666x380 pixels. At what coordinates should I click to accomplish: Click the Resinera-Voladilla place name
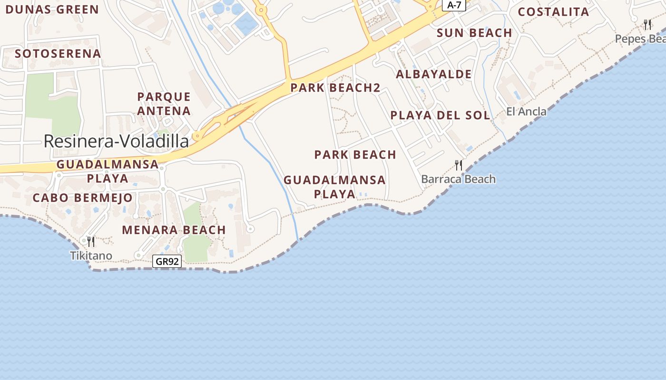(x=116, y=141)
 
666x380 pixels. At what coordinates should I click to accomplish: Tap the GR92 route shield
(x=167, y=261)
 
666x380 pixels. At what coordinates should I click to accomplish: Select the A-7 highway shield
(x=454, y=5)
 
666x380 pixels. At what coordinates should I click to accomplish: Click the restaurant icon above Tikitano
(x=91, y=242)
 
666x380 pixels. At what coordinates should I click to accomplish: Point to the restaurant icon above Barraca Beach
(x=459, y=165)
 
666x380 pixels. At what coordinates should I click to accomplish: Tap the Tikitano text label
(x=91, y=256)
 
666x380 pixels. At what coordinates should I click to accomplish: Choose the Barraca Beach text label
(x=459, y=179)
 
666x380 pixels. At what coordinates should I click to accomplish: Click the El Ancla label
(x=526, y=112)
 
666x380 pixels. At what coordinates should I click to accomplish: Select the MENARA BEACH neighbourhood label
(x=174, y=230)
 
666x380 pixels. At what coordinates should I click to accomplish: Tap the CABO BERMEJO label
(x=82, y=198)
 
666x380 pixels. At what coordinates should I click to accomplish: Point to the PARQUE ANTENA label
(x=164, y=104)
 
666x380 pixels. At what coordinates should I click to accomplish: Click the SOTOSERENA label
(x=58, y=54)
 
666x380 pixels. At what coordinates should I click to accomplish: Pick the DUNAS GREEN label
(x=52, y=9)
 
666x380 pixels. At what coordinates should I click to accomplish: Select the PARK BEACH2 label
(x=335, y=87)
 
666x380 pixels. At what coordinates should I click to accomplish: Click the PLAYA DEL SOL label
(x=440, y=115)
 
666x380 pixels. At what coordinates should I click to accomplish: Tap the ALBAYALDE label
(x=433, y=74)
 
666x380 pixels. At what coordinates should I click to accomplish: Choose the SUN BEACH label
(x=474, y=33)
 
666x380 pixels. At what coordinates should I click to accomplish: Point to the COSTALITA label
(x=553, y=12)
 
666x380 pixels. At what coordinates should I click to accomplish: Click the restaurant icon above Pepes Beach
(x=647, y=24)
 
